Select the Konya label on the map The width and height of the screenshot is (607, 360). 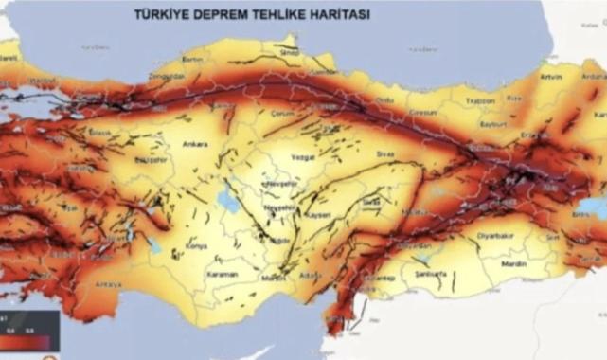pos(197,245)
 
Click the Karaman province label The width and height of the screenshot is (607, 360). pos(223,275)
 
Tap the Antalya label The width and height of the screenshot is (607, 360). pos(110,283)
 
